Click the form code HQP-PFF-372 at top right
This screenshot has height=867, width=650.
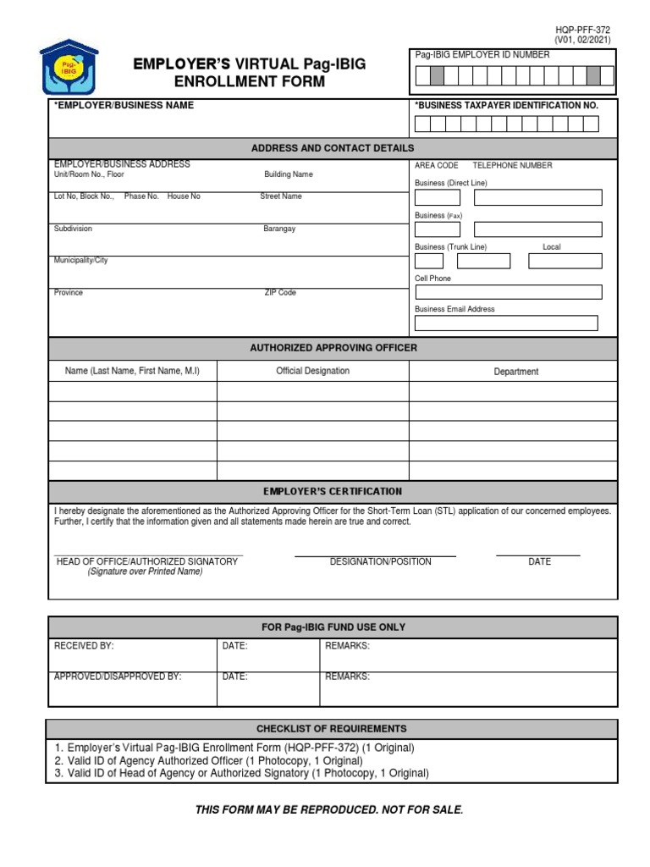pos(582,29)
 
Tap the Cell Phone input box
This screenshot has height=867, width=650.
pos(508,292)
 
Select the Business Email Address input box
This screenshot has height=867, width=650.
pos(505,323)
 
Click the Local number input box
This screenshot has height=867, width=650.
pos(565,261)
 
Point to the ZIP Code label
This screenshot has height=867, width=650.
pos(280,293)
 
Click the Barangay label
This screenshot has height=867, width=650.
pos(279,229)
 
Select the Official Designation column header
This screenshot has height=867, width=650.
pos(312,371)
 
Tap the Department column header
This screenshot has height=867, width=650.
pos(515,372)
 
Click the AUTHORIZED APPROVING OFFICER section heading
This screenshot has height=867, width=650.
pos(333,348)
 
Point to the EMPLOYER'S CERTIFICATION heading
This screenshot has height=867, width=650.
pos(333,491)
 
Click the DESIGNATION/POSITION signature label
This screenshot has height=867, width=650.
pos(380,561)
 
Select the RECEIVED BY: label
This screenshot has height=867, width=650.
pos(84,646)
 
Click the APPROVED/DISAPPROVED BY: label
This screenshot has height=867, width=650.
pos(118,677)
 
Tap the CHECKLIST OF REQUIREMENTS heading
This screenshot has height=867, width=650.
pos(332,729)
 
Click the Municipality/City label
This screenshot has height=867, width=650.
pos(81,261)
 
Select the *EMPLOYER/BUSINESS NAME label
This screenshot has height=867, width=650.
pos(124,105)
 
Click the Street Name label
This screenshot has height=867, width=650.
pos(280,196)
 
